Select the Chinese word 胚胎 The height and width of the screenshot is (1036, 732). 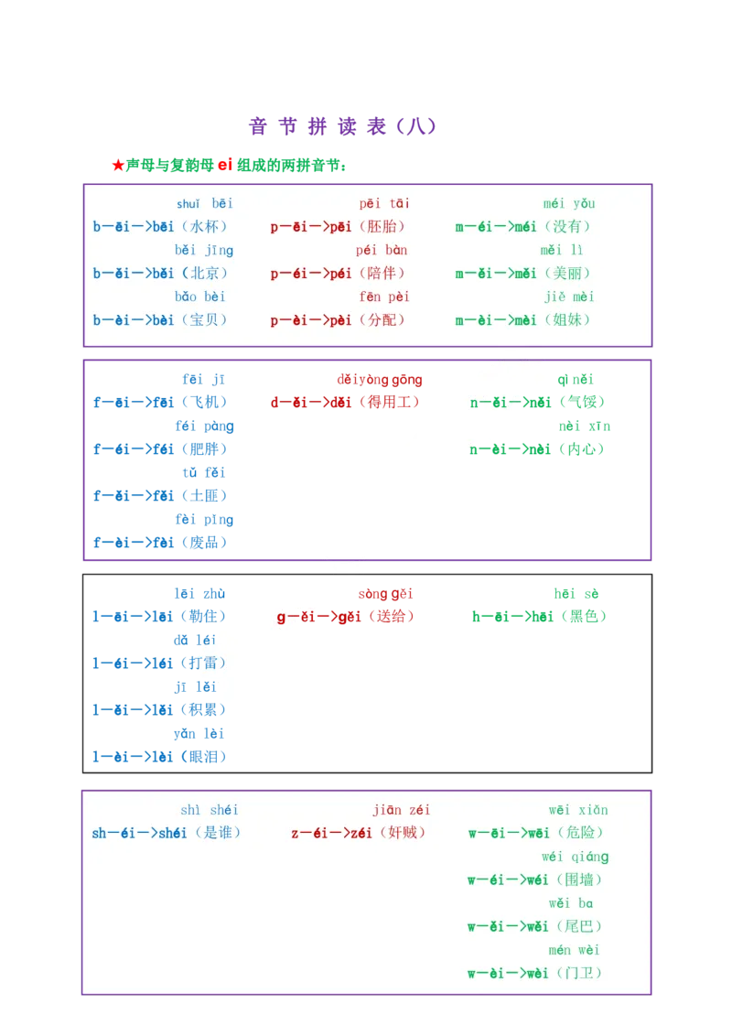(x=382, y=227)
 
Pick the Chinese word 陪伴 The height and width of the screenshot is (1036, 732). (x=382, y=274)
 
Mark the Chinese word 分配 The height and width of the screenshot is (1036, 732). (x=382, y=320)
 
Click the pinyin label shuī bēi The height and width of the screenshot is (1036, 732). (x=205, y=203)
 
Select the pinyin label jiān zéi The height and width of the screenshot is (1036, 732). (x=401, y=810)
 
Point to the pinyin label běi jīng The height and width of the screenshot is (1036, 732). (x=204, y=250)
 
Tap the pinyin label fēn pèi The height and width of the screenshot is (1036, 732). (x=384, y=297)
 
